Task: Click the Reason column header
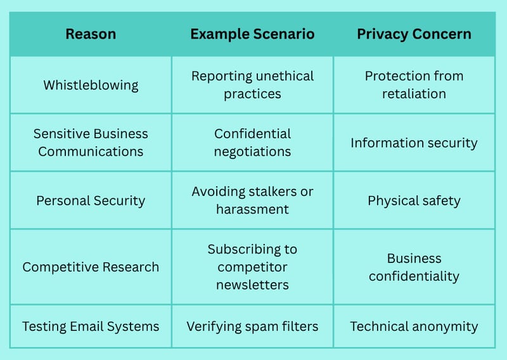(x=91, y=34)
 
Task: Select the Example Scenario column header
(x=252, y=34)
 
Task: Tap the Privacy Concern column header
(x=414, y=34)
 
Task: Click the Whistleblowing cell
(x=91, y=85)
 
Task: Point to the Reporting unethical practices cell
(x=252, y=85)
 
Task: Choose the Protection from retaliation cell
(x=414, y=85)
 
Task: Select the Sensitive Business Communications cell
(x=91, y=143)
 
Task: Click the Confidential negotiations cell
(x=252, y=143)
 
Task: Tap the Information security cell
(x=414, y=143)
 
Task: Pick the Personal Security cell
(x=91, y=200)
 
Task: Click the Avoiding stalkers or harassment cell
(x=252, y=200)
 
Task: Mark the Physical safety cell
(x=414, y=200)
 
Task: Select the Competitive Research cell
(x=91, y=267)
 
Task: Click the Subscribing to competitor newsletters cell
(x=252, y=267)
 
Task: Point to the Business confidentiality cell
(x=414, y=267)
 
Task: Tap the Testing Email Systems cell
(x=91, y=326)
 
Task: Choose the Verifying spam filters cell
(x=252, y=326)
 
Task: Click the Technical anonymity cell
(x=414, y=326)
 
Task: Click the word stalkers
(x=273, y=191)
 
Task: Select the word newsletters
(x=252, y=285)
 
